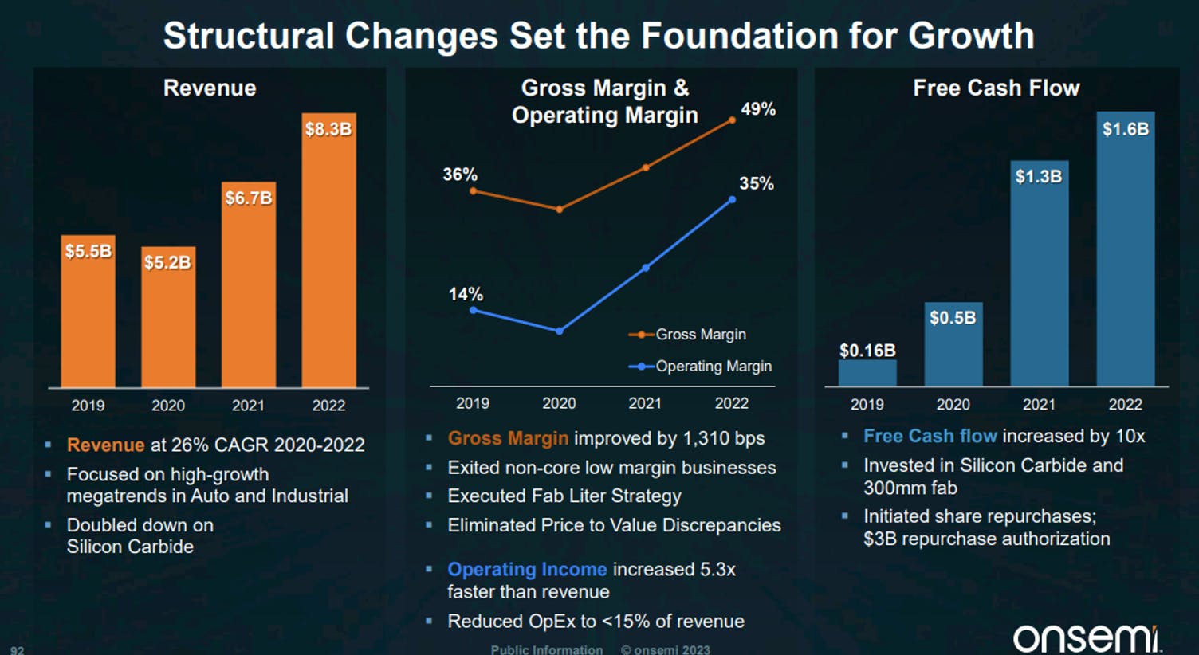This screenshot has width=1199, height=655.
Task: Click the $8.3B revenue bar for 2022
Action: [x=328, y=250]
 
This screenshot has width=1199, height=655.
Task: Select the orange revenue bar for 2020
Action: [x=168, y=317]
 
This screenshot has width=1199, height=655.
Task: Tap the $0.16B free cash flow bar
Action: [x=867, y=372]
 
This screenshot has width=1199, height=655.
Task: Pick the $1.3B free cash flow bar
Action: [x=1040, y=273]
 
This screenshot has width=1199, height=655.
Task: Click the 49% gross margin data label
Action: [x=758, y=109]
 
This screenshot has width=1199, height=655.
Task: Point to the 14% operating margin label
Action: [x=465, y=294]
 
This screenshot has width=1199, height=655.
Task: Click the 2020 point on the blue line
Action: [x=560, y=331]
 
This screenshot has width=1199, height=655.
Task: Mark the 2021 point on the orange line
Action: [x=646, y=167]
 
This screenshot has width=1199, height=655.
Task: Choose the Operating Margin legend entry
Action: [x=700, y=366]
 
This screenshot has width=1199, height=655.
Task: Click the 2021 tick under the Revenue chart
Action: [x=248, y=406]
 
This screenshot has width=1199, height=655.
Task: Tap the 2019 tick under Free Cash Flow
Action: [x=867, y=404]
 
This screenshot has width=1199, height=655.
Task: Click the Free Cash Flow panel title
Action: [x=997, y=88]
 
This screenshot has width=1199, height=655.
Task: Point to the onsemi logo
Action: [x=1087, y=639]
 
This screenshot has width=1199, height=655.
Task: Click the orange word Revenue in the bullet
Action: [x=105, y=445]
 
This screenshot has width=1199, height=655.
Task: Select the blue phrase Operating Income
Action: [x=527, y=570]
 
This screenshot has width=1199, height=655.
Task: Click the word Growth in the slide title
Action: [x=971, y=36]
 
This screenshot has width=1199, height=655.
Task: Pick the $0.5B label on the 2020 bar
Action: [x=953, y=318]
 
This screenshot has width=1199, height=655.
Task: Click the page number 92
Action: [x=17, y=650]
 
